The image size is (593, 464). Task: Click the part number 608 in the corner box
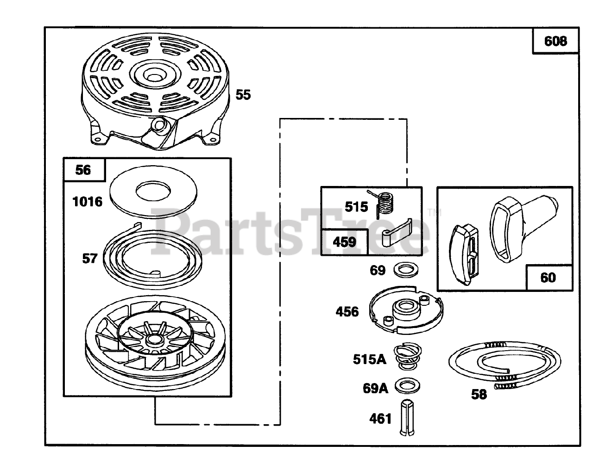coord(555,42)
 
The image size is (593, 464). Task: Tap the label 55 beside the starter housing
coord(243,95)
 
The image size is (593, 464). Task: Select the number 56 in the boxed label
coord(83,170)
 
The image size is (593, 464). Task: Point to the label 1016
coord(87,202)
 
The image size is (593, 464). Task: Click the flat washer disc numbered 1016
coord(153,192)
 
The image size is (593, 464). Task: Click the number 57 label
coord(90,259)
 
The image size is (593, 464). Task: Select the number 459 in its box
coord(344,242)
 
